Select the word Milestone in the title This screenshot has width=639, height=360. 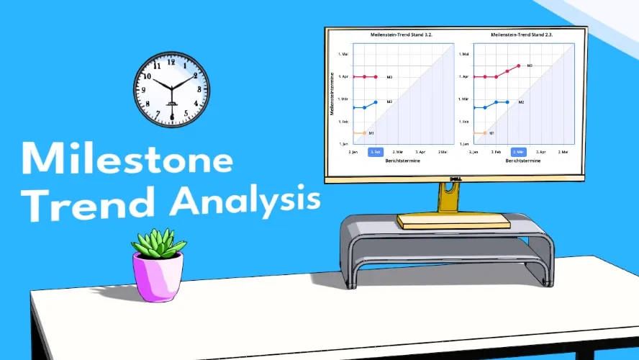pyautogui.click(x=127, y=159)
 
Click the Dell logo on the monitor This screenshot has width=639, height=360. pyautogui.click(x=455, y=179)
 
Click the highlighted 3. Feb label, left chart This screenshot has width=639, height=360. pyautogui.click(x=375, y=152)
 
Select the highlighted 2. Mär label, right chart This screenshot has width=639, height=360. pyautogui.click(x=518, y=152)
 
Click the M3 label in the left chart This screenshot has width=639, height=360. pyautogui.click(x=389, y=76)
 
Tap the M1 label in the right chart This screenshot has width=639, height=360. pyautogui.click(x=491, y=133)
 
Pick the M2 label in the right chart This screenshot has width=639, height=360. pyautogui.click(x=520, y=102)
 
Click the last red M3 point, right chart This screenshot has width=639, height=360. pyautogui.click(x=518, y=66)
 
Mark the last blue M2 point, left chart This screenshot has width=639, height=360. pyautogui.click(x=375, y=102)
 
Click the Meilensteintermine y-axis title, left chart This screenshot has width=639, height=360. pyautogui.click(x=332, y=93)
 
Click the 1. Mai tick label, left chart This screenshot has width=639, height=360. pyautogui.click(x=343, y=54)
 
